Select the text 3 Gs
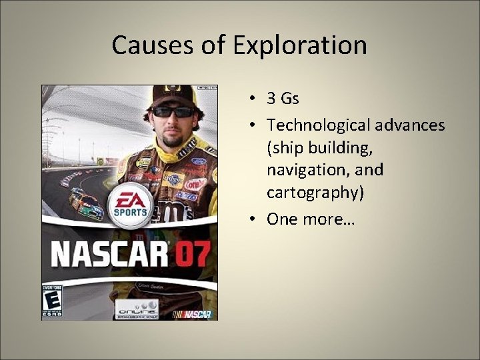click(283, 99)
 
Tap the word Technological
click(316, 125)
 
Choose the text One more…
click(311, 219)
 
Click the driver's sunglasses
click(172, 112)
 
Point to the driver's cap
click(172, 93)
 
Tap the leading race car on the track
click(86, 205)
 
